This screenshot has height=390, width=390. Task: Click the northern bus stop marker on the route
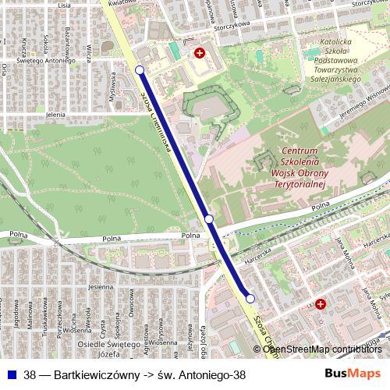pos(140,70)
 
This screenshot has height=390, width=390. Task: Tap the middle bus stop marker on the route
pos(209,219)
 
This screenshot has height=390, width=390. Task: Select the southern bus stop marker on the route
pos(250,298)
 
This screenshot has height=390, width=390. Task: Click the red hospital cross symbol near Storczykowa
pos(200,53)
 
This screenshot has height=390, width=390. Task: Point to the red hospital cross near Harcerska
pos(320,304)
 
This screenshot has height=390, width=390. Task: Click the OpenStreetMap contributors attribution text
pos(322,349)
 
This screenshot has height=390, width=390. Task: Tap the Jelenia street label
pos(55,115)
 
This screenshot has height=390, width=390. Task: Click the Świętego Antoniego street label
pos(44,59)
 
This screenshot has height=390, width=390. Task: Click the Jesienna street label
pos(101,286)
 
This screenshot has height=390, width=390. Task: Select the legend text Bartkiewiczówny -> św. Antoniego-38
pos(134,374)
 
